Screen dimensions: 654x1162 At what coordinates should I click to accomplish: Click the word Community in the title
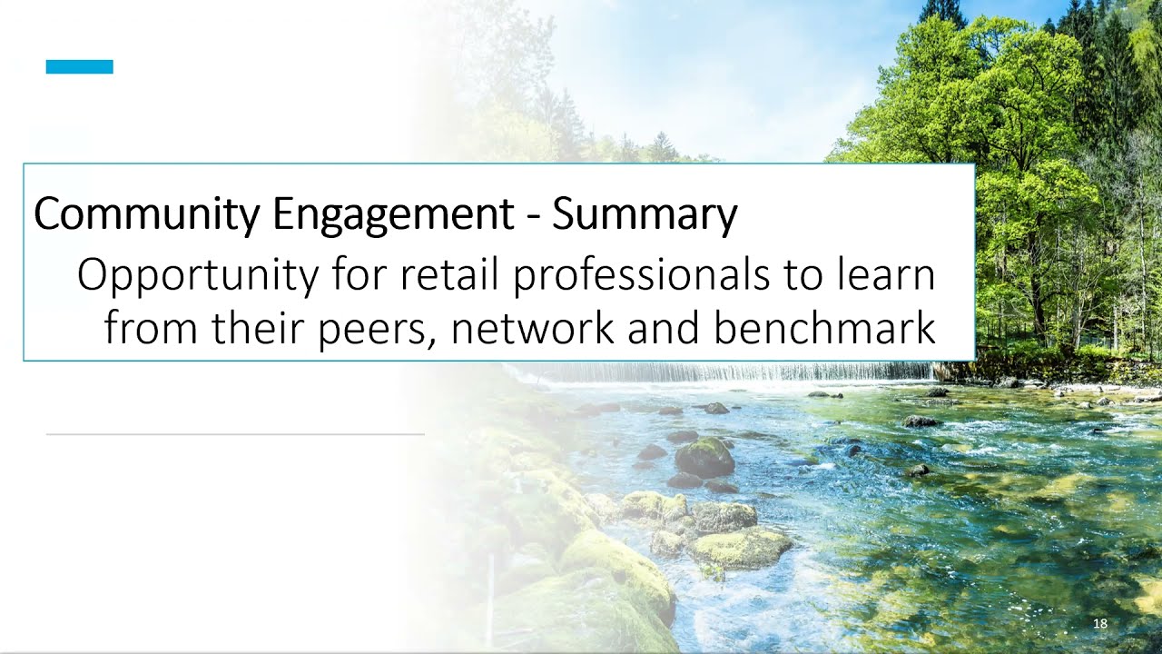[x=146, y=214]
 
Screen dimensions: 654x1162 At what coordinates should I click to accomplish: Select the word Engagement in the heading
[x=392, y=214]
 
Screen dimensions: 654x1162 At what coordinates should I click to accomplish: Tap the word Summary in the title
[x=645, y=214]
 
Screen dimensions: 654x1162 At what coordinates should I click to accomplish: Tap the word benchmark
[x=824, y=328]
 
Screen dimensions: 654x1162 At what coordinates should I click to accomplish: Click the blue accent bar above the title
[x=80, y=66]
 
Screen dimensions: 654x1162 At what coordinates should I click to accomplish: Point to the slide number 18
[x=1100, y=623]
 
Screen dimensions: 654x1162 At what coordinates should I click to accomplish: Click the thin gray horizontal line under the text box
[x=235, y=435]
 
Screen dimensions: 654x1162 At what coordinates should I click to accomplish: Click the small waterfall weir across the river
[x=726, y=372]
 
